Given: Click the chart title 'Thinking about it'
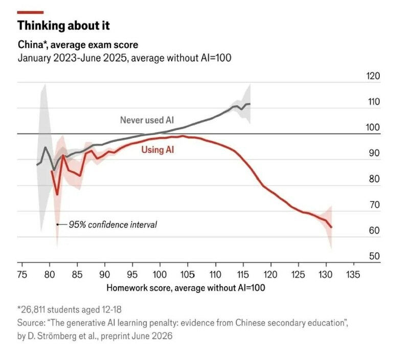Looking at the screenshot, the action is click(x=63, y=26).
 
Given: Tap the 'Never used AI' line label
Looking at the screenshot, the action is click(x=147, y=120).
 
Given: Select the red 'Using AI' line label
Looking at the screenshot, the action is click(x=157, y=150).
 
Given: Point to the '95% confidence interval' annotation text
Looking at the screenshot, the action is click(x=112, y=224).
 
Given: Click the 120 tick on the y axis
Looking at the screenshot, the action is click(x=373, y=76).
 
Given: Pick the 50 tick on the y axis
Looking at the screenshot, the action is click(x=374, y=256).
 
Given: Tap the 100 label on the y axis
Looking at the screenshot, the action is click(x=373, y=127).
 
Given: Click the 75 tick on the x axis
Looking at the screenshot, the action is click(x=22, y=275).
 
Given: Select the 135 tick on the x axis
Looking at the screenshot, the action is click(x=353, y=275).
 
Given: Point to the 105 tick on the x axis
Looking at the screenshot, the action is click(x=188, y=275).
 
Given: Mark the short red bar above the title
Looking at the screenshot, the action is click(x=30, y=12).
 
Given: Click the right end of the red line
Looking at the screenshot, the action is click(x=331, y=227).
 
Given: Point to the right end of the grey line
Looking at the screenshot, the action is click(x=249, y=104).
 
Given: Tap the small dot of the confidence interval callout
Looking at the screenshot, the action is click(x=57, y=224).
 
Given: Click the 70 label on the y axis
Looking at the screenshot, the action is click(x=374, y=205).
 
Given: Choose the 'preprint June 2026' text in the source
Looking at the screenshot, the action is click(x=137, y=336).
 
